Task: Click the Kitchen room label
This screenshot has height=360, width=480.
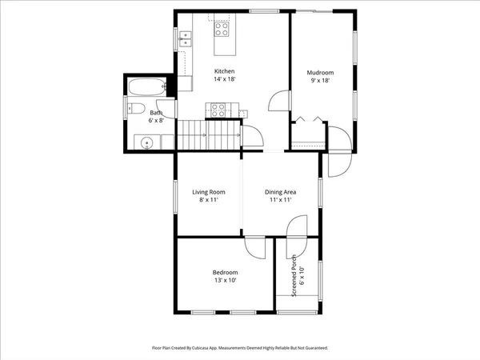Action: (224, 72)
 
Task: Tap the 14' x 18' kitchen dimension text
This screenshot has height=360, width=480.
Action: (224, 80)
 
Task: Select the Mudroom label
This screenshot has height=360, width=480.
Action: (320, 73)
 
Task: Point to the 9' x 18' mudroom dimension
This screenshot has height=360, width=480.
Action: (320, 81)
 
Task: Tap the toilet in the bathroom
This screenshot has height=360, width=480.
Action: (136, 110)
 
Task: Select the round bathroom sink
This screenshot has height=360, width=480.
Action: (146, 143)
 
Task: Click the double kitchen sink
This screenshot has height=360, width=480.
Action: (186, 36)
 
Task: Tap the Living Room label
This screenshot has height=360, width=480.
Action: (208, 192)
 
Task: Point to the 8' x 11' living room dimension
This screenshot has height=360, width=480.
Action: (208, 201)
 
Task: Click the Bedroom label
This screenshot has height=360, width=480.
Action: (225, 272)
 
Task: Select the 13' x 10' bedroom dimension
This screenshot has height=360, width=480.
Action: (225, 281)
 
